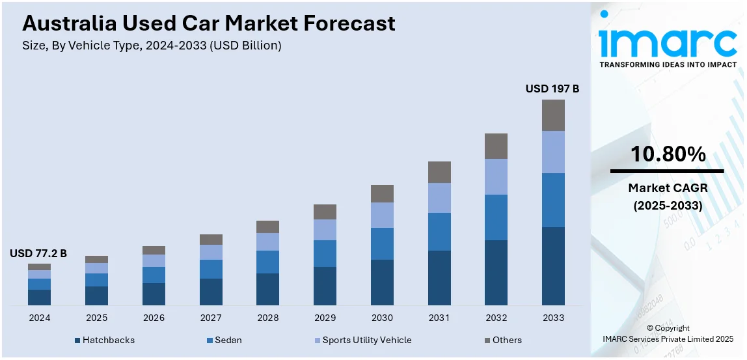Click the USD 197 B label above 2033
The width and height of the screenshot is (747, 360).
tap(552, 89)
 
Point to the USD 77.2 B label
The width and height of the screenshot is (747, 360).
tap(38, 253)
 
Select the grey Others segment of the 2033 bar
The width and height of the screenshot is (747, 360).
tap(553, 115)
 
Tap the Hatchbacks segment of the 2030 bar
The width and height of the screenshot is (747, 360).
tap(382, 282)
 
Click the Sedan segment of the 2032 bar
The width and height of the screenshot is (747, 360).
tap(496, 217)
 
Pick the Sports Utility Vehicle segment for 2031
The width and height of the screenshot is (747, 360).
tap(439, 198)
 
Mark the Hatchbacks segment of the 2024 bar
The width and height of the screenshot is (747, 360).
tap(39, 297)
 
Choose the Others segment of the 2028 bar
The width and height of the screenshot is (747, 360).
tap(267, 227)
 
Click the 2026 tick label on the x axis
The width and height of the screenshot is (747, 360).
tap(154, 318)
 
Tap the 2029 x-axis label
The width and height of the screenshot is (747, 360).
tap(325, 318)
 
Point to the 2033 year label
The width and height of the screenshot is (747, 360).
tap(553, 318)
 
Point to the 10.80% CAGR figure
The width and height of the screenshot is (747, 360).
tap(668, 154)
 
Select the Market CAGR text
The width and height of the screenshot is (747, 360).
tap(668, 188)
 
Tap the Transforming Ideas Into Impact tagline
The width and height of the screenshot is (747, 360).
tap(668, 64)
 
